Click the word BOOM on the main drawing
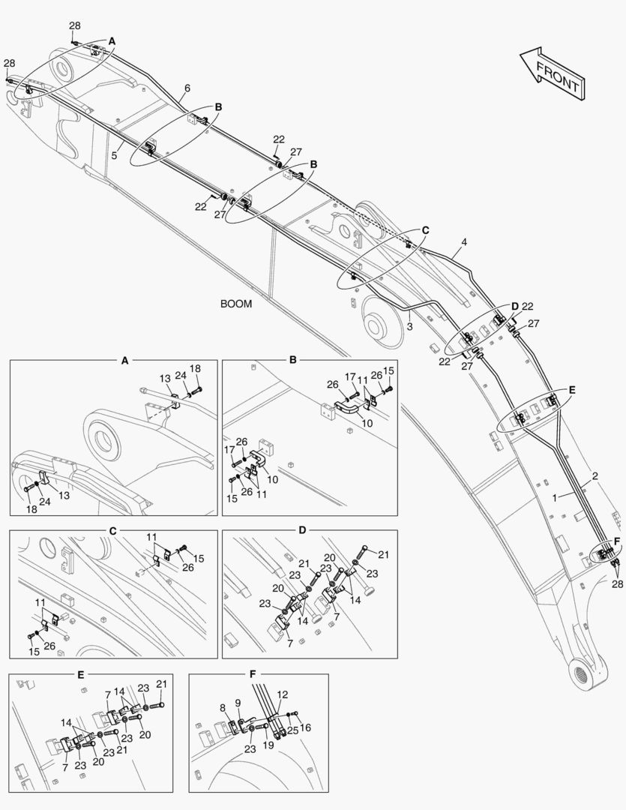click(236, 304)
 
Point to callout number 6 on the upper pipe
click(187, 88)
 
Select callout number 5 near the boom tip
click(114, 155)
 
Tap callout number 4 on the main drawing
click(464, 242)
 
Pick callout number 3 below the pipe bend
click(410, 326)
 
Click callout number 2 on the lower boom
click(595, 476)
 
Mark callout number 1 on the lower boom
click(555, 497)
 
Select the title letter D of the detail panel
click(302, 530)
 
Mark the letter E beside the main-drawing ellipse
click(571, 390)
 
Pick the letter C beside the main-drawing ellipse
click(425, 230)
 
